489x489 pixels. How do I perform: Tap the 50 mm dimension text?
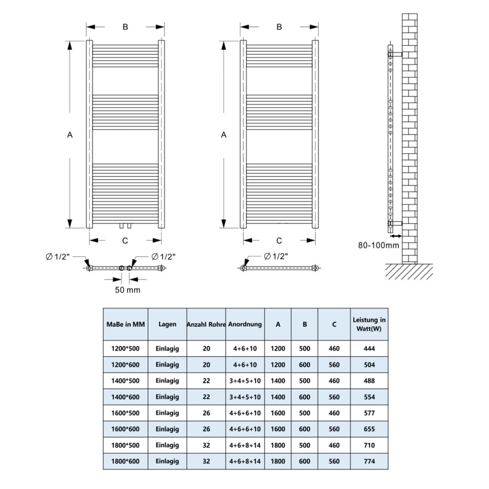pos(127,290)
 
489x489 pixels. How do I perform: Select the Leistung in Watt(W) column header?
pos(369,324)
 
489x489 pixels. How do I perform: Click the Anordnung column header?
pos(245,324)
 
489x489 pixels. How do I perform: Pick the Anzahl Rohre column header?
pos(206,324)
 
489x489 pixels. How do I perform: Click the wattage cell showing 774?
pos(369,461)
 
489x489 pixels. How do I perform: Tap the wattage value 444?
pos(369,349)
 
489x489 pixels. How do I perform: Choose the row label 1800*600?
pos(125,461)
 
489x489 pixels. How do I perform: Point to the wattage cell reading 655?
pos(369,429)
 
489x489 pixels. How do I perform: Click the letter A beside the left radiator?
pos(70,135)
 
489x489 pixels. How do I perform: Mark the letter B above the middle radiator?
pos(279,27)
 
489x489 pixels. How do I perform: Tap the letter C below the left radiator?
pos(125,240)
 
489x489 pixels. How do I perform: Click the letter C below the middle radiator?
pos(279,240)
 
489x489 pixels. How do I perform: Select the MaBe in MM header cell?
pos(125,324)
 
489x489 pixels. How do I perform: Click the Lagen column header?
pos(167,324)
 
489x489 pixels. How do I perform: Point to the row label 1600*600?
pos(125,429)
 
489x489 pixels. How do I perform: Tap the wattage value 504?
pos(369,365)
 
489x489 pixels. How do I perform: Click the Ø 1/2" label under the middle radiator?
pos(276,256)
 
